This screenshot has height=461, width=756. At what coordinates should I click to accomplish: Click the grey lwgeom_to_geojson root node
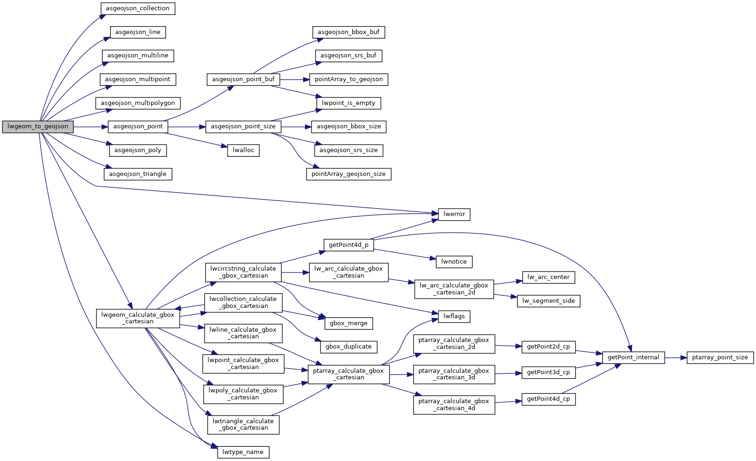pyautogui.click(x=38, y=126)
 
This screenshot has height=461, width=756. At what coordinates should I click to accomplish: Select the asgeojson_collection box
pyautogui.click(x=138, y=8)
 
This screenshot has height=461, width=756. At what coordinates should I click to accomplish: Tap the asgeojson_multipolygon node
pyautogui.click(x=138, y=103)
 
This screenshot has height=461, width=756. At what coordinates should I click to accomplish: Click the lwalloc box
pyautogui.click(x=243, y=150)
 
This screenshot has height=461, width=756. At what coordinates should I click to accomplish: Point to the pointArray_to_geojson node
pyautogui.click(x=349, y=79)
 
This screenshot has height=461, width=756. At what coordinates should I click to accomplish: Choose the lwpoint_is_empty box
pyautogui.click(x=349, y=103)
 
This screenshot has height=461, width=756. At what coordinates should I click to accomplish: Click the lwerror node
pyautogui.click(x=454, y=214)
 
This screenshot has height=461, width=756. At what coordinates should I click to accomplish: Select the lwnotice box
pyautogui.click(x=454, y=262)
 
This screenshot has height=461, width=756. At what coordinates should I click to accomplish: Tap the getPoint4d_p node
pyautogui.click(x=349, y=245)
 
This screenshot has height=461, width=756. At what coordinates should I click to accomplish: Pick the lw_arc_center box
pyautogui.click(x=548, y=277)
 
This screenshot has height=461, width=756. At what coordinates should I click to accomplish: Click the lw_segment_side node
pyautogui.click(x=548, y=301)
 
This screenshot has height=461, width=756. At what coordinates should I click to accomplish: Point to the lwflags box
pyautogui.click(x=454, y=316)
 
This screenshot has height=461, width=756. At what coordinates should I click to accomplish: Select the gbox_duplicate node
pyautogui.click(x=349, y=347)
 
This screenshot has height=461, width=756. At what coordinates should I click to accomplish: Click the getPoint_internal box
pyautogui.click(x=633, y=357)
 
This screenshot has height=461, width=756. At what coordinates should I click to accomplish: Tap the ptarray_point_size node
pyautogui.click(x=720, y=357)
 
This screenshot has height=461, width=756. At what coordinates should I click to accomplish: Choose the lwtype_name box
pyautogui.click(x=243, y=452)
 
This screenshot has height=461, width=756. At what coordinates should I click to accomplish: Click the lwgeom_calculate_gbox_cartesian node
pyautogui.click(x=138, y=318)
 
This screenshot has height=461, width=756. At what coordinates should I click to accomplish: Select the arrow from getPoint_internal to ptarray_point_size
pyautogui.click(x=676, y=357)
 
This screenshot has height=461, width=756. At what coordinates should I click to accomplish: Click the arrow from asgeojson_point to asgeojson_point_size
pyautogui.click(x=187, y=127)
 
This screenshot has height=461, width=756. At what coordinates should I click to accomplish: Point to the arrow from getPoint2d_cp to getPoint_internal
pyautogui.click(x=589, y=352)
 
